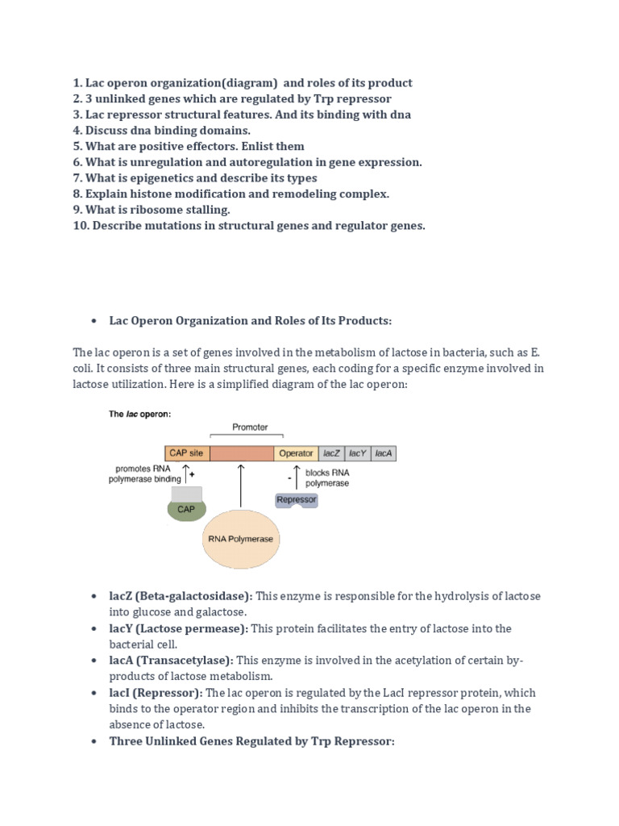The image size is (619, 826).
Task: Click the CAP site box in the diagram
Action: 187,453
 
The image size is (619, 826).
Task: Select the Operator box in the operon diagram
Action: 296,453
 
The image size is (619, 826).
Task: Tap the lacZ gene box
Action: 331,453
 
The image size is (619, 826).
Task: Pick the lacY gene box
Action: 357,453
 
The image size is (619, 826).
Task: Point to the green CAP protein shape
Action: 186,509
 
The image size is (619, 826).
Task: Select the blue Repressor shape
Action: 297,500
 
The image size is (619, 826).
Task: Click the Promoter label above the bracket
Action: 250,427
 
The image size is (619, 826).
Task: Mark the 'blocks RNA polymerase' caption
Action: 327,478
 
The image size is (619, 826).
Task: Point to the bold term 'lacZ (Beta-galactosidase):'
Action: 181,596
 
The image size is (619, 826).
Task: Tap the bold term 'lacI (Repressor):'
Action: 156,693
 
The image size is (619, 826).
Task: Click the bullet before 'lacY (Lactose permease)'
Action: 94,628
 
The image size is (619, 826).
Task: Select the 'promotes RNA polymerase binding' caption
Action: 145,473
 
